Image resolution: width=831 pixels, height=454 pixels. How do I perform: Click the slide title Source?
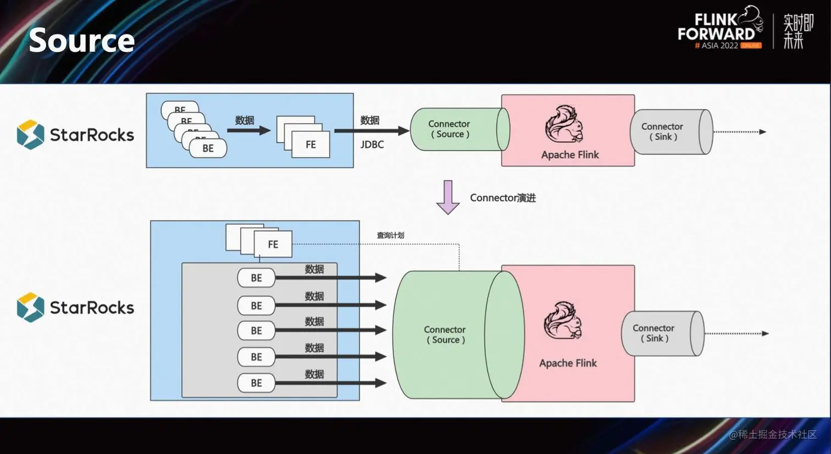pyautogui.click(x=81, y=41)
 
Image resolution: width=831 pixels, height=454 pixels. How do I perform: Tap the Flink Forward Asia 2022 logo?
pyautogui.click(x=719, y=31)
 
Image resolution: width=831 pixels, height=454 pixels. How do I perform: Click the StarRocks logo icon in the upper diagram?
pyautogui.click(x=30, y=135)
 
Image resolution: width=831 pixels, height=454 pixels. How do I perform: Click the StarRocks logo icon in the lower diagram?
pyautogui.click(x=30, y=307)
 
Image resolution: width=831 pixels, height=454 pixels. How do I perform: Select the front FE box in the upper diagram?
pyautogui.click(x=311, y=145)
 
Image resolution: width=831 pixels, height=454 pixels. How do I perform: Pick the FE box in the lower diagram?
pyautogui.click(x=273, y=244)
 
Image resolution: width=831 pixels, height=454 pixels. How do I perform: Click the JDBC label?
pyautogui.click(x=372, y=145)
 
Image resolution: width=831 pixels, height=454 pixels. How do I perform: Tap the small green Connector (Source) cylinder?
pyautogui.click(x=456, y=129)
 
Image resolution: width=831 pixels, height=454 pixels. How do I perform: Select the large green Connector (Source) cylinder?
pyautogui.click(x=451, y=335)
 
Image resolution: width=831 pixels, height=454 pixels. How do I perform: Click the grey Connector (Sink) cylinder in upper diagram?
pyautogui.click(x=668, y=132)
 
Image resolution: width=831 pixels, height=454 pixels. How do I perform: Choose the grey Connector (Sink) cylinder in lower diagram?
pyautogui.click(x=660, y=333)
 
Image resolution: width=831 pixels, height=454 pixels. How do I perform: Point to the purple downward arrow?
pyautogui.click(x=448, y=197)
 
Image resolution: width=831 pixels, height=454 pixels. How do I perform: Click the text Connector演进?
pyautogui.click(x=502, y=198)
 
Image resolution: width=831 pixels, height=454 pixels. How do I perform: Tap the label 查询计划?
pyautogui.click(x=390, y=235)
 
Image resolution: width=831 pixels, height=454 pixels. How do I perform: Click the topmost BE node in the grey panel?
pyautogui.click(x=256, y=278)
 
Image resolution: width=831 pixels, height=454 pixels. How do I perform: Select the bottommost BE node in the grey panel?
pyautogui.click(x=256, y=383)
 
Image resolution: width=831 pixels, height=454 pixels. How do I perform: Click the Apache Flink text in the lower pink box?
pyautogui.click(x=568, y=363)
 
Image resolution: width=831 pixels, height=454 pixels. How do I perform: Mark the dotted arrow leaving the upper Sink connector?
pyautogui.click(x=739, y=132)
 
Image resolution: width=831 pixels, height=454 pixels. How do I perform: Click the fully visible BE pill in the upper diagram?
pyautogui.click(x=208, y=148)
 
